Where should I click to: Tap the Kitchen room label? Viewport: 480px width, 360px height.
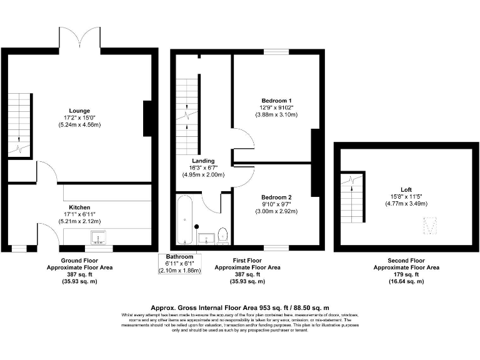(79, 207)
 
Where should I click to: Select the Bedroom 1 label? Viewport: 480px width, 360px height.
(276, 101)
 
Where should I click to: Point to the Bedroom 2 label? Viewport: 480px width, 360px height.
(277, 197)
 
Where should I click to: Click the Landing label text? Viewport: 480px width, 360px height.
(203, 161)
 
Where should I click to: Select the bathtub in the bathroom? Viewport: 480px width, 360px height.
(185, 222)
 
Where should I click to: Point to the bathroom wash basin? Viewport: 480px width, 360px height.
(206, 238)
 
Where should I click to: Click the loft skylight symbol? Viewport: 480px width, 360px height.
(430, 226)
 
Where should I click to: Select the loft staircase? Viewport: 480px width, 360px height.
(351, 201)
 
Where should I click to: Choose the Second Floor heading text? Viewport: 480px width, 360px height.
(406, 260)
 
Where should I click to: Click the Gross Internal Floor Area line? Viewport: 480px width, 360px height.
(239, 309)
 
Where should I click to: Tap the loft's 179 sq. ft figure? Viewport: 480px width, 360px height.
(406, 274)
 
